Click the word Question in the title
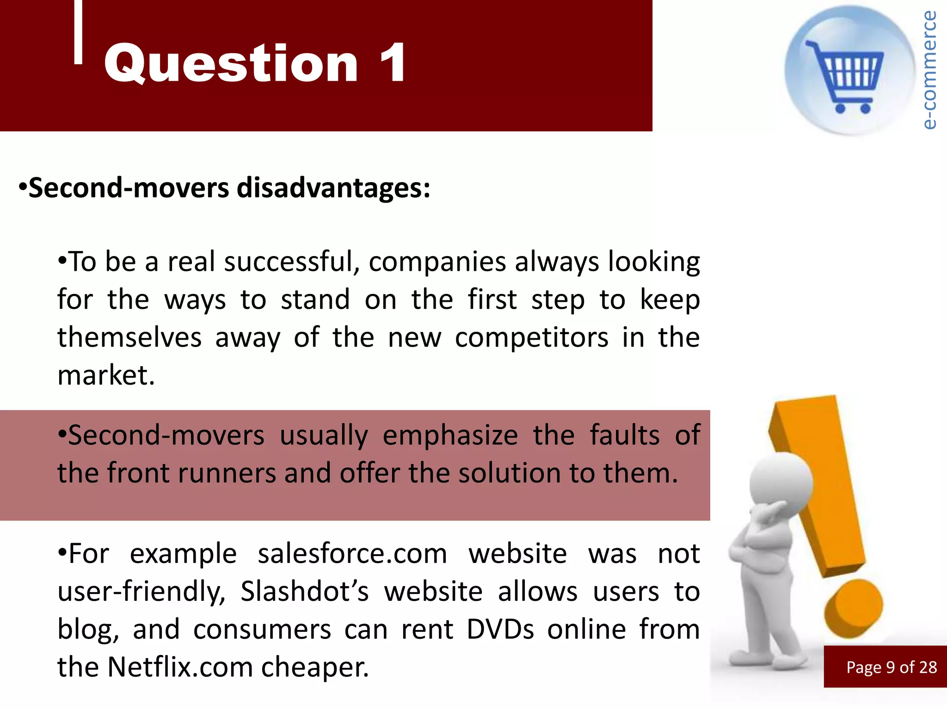(231, 64)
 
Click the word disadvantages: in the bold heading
(333, 188)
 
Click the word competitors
(532, 338)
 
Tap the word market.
(106, 375)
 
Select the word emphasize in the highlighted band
(450, 436)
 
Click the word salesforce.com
(352, 554)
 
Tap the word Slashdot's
(305, 592)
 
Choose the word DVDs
(500, 630)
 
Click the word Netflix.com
(180, 667)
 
